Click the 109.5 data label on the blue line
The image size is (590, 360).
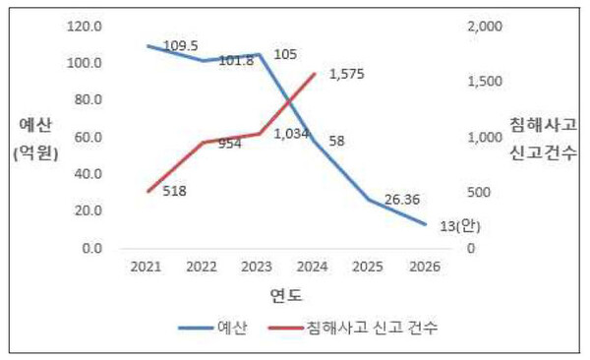[180, 45]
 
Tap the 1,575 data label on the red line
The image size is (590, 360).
[345, 74]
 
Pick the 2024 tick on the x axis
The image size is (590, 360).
[314, 267]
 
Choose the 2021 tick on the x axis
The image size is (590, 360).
[146, 267]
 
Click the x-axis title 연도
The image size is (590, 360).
[286, 294]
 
